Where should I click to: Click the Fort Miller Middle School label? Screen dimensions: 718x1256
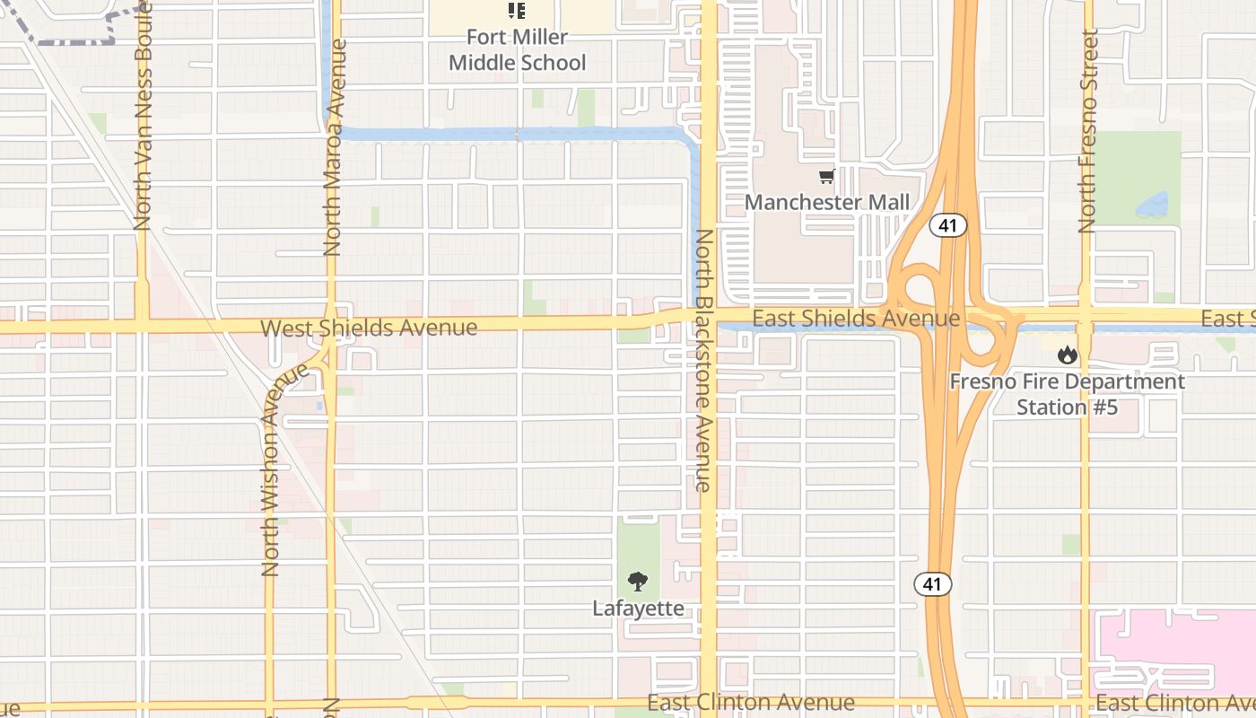517,50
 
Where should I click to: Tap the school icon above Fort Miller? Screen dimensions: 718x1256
517,11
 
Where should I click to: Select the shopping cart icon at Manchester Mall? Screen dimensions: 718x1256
826,177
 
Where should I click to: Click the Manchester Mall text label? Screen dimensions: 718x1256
826,203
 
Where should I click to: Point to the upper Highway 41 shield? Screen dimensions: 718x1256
947,225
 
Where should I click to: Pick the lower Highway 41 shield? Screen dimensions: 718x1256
933,584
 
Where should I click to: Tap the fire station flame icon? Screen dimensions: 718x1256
1067,355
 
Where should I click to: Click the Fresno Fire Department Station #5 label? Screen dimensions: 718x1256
1067,394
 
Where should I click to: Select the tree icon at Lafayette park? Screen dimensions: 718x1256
638,582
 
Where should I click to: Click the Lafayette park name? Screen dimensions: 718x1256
638,609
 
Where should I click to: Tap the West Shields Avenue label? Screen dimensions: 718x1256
369,328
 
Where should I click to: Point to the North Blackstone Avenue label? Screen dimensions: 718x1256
703,360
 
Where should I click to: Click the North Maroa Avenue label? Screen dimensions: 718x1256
334,149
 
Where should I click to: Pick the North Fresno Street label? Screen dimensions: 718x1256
1088,131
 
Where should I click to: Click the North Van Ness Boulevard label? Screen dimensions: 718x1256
143,116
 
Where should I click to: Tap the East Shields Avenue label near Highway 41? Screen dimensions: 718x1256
855,319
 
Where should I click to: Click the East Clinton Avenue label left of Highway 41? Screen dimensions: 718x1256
750,702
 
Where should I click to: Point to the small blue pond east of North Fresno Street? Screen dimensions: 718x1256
1152,206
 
